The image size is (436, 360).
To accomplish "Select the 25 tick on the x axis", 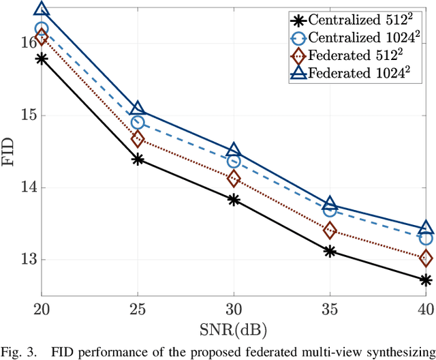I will click(x=138, y=309).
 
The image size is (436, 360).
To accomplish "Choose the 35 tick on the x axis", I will click(x=330, y=309).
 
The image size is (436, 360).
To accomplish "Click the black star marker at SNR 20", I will click(x=42, y=59).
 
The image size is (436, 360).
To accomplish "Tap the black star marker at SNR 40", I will click(x=426, y=280).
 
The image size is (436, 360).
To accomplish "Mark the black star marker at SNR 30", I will click(x=234, y=200).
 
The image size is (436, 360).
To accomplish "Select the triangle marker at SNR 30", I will click(x=234, y=151).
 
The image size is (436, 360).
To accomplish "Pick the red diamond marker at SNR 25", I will click(x=138, y=139).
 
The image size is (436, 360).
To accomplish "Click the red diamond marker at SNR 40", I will click(x=426, y=258).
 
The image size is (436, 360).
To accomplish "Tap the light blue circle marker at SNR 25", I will click(x=138, y=123).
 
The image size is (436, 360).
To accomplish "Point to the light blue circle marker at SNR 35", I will click(x=330, y=210).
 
